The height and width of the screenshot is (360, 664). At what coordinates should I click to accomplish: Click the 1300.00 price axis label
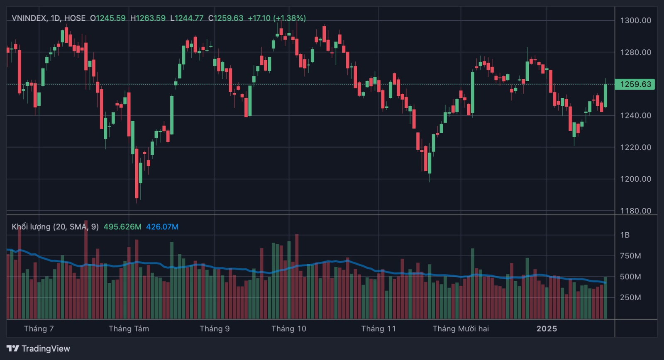[x=635, y=20]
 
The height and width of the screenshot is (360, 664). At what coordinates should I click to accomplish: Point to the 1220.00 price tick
[x=635, y=147]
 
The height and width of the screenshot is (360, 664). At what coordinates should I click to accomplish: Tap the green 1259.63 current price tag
[x=635, y=84]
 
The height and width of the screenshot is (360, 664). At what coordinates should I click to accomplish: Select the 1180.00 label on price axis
[x=635, y=211]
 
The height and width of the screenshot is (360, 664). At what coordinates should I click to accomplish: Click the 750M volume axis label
[x=630, y=256]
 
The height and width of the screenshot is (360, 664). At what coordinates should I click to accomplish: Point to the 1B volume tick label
[x=625, y=235]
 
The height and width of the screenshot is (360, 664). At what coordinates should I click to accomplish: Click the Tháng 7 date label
[x=39, y=328]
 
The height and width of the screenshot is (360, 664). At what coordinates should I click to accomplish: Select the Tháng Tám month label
[x=129, y=328]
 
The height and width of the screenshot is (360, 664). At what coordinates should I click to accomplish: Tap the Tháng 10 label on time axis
[x=289, y=328]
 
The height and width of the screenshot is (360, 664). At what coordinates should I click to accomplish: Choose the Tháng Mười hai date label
[x=461, y=328]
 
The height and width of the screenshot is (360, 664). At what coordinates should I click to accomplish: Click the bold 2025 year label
[x=547, y=328]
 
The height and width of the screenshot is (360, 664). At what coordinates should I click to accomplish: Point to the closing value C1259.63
[x=226, y=18]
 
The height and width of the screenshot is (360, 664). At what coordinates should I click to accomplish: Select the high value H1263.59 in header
[x=148, y=18]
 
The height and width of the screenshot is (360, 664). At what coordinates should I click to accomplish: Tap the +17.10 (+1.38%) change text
[x=277, y=18]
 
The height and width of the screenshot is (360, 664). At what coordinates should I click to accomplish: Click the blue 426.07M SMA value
[x=162, y=227]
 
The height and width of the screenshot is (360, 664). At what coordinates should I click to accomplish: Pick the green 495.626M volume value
[x=122, y=227]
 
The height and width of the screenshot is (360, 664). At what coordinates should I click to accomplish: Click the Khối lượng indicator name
[x=31, y=227]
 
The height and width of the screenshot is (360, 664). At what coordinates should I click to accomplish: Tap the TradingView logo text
[x=46, y=348]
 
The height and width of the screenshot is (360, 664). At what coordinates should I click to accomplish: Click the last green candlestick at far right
[x=605, y=95]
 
